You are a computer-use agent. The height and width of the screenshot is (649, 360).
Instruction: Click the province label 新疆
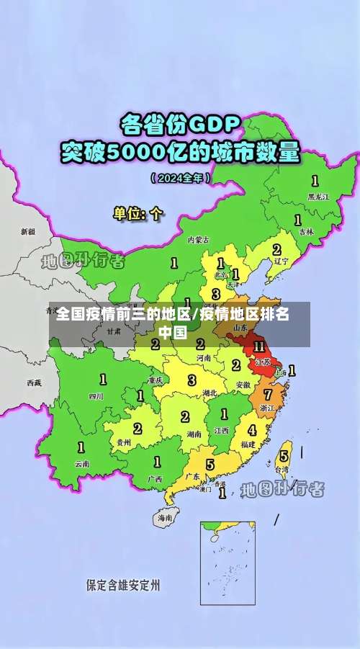[27, 232]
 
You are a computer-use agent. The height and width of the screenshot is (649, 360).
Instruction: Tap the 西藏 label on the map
[34, 382]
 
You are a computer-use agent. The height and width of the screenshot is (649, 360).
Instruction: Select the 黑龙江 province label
[318, 196]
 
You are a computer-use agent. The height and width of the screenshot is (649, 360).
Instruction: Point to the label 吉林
[306, 232]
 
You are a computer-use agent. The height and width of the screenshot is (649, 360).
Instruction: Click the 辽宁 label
[281, 261]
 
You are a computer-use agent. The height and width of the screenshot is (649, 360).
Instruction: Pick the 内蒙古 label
[198, 240]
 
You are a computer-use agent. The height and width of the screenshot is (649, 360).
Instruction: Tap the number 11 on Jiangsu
[259, 346]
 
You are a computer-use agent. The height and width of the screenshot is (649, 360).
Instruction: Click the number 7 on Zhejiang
[268, 394]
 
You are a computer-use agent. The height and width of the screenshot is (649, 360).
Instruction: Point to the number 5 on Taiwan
[284, 455]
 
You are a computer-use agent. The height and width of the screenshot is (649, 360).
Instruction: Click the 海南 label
[165, 517]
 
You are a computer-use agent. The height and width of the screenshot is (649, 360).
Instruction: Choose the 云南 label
[81, 464]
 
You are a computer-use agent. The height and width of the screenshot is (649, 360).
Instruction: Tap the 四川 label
[96, 396]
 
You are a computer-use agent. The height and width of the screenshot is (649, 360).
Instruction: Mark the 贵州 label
[124, 442]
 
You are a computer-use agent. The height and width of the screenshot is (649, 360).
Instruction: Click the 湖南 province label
[194, 434]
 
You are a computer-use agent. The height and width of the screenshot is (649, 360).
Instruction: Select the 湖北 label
[210, 393]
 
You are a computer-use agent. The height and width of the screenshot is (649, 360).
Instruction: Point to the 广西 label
[155, 478]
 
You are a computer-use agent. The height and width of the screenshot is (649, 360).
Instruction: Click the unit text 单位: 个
[138, 213]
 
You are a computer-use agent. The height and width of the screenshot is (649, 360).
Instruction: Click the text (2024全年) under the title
[181, 177]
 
